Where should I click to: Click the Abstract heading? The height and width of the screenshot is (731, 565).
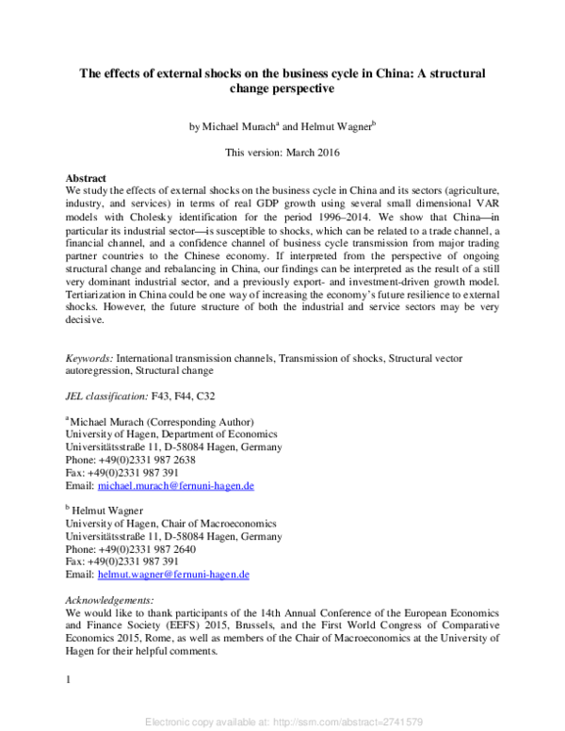pos(85,178)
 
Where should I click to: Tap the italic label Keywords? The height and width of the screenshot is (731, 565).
pos(89,359)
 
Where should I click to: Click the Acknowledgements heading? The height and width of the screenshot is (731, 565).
pos(108,599)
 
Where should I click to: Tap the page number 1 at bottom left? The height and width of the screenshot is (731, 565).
pos(67,678)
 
